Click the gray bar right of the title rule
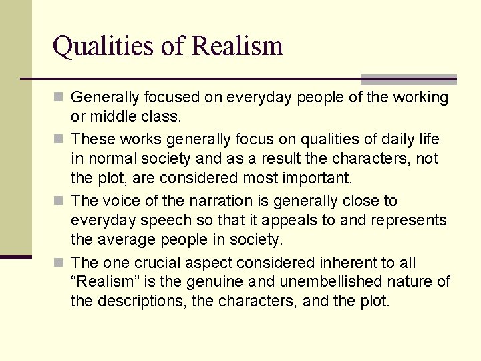coord(408,78)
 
